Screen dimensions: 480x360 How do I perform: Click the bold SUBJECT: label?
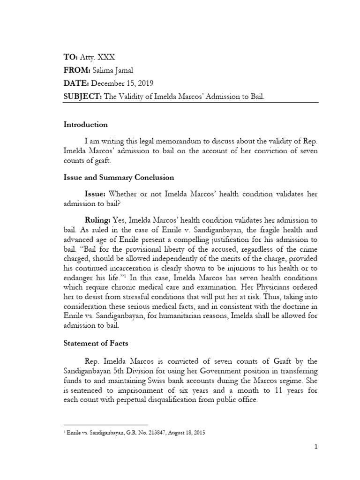(82, 97)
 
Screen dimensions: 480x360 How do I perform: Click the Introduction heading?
(86, 125)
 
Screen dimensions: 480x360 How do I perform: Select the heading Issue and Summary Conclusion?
(119, 178)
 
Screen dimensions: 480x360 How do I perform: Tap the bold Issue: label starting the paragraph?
(95, 194)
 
